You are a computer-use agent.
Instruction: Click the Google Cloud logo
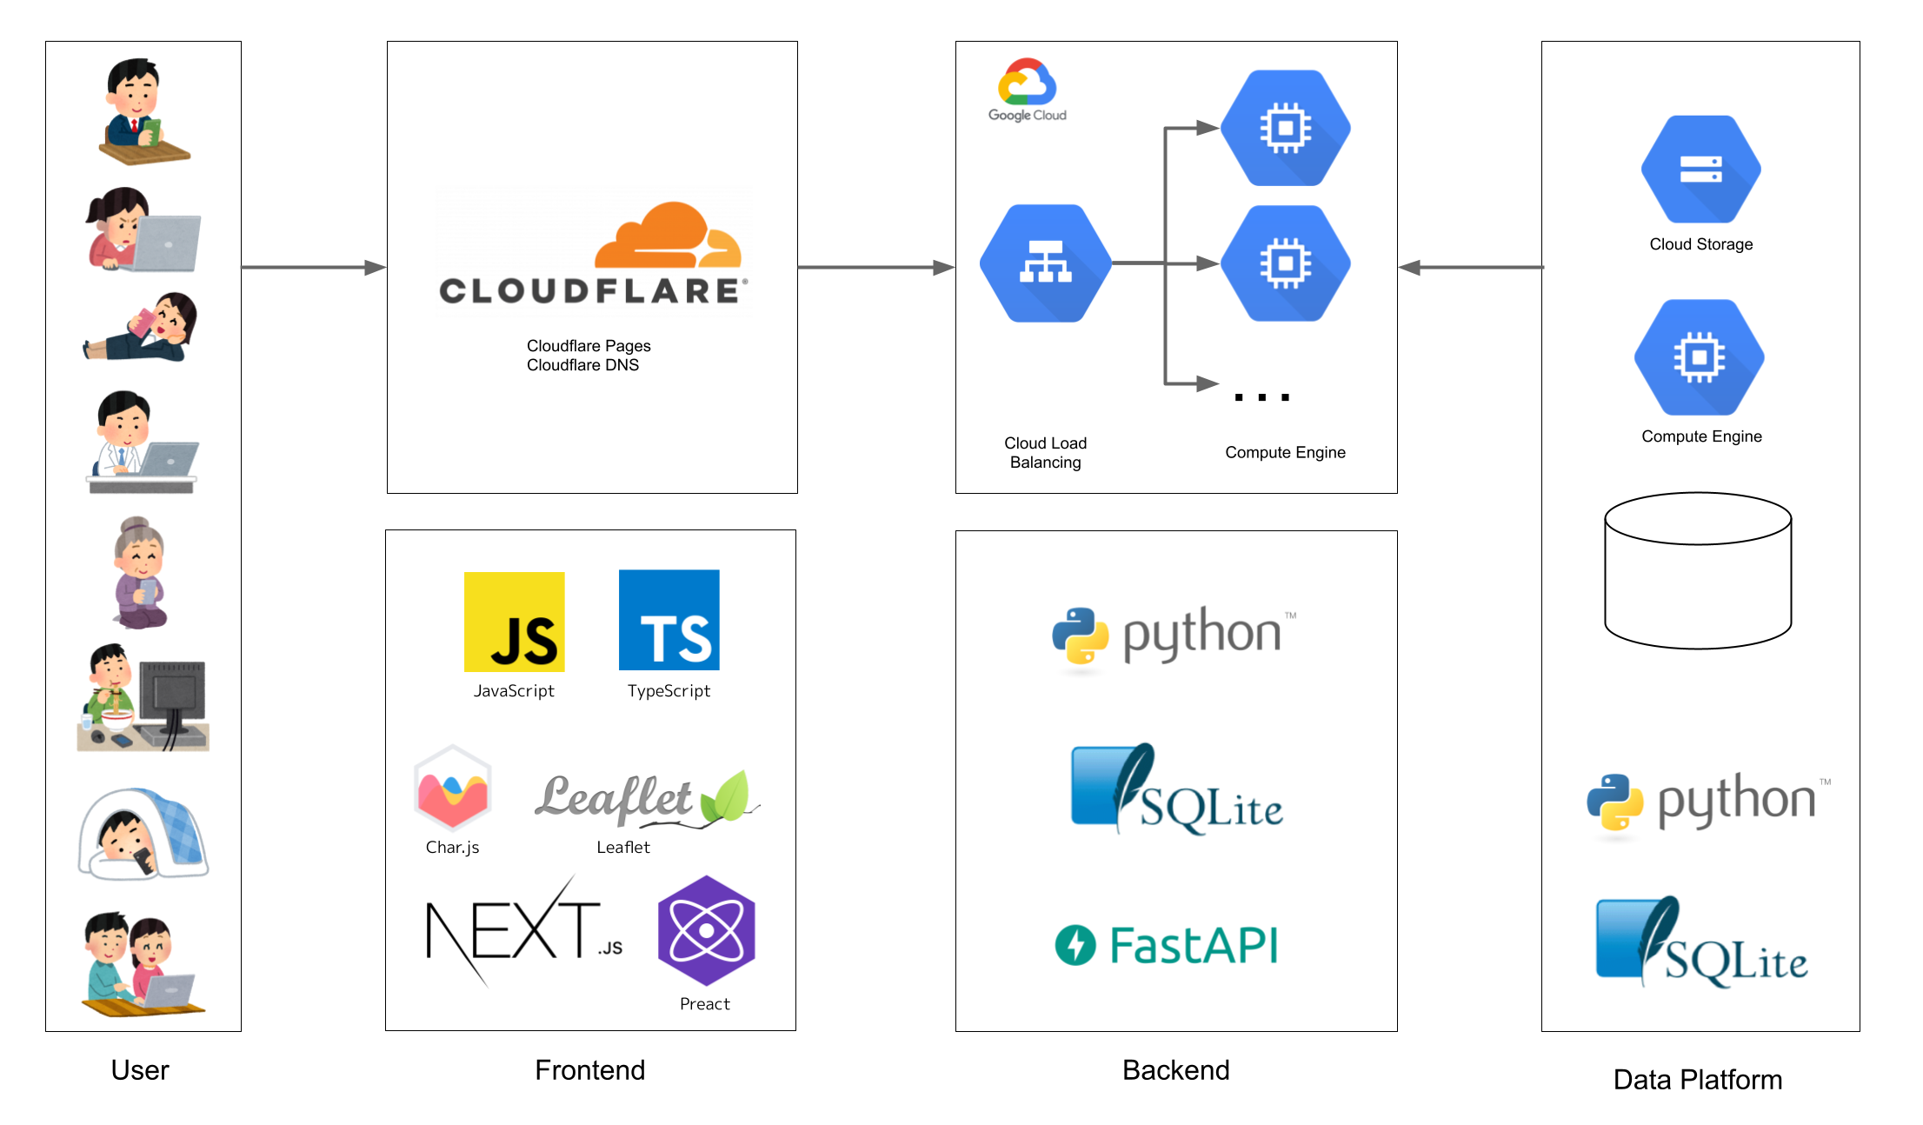[1027, 90]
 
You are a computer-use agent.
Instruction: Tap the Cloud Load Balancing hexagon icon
[1045, 263]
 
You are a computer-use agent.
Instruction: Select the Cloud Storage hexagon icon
[1700, 170]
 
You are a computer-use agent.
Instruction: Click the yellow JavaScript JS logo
[514, 622]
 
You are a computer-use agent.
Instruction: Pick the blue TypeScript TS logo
[669, 620]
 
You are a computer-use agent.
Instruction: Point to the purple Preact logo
[706, 930]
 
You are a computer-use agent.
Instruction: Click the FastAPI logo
[1167, 945]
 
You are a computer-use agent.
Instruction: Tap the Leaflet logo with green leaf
[647, 797]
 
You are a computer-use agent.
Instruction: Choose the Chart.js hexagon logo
[452, 788]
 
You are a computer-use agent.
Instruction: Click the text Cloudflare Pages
[589, 346]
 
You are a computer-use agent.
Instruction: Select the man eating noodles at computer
[143, 698]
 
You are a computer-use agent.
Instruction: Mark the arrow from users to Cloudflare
[313, 268]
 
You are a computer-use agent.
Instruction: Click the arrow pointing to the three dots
[1191, 383]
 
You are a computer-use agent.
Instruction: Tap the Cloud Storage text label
[1700, 244]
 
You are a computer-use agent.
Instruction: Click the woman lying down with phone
[141, 328]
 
